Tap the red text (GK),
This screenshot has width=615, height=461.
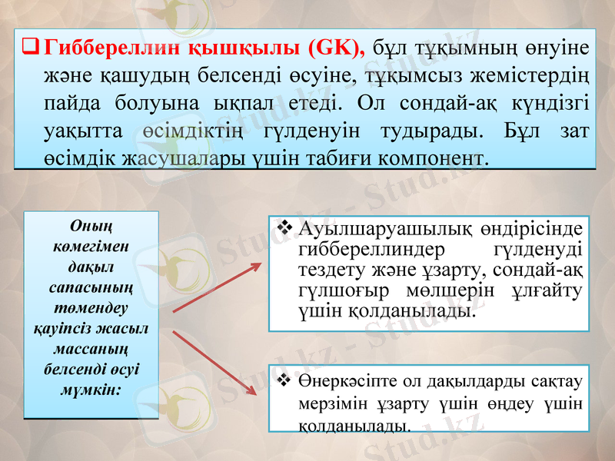click(336, 48)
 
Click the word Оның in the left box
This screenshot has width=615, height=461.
click(91, 227)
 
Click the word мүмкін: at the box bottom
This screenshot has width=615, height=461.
click(91, 390)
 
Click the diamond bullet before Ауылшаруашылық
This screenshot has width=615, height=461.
click(282, 229)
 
